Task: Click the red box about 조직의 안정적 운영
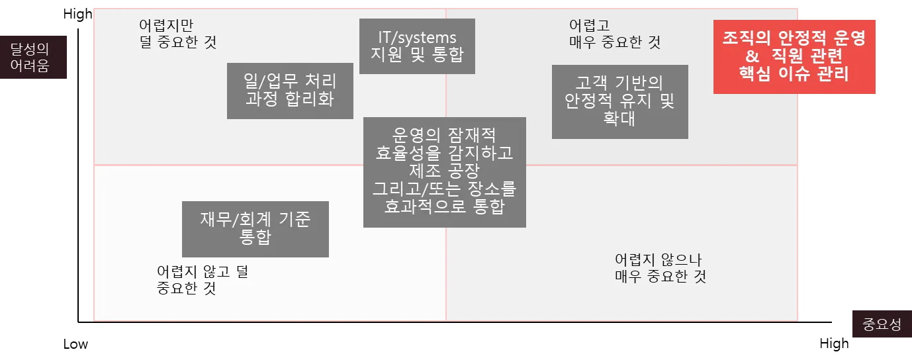tap(795, 56)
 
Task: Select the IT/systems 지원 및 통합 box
tap(417, 46)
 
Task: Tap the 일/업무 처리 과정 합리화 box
tap(290, 91)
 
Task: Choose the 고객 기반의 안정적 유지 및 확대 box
tap(619, 101)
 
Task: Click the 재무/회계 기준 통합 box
tap(255, 229)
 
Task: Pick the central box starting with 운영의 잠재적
tap(444, 171)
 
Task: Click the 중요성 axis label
tap(882, 324)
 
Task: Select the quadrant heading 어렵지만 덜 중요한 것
tap(177, 34)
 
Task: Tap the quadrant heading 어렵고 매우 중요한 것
tap(614, 34)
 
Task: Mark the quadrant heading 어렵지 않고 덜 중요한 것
tap(203, 281)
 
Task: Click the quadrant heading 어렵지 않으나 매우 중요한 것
tap(660, 267)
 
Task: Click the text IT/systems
tap(417, 37)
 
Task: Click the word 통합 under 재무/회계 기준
tap(255, 238)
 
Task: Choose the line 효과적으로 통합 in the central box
tap(444, 206)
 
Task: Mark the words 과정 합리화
tap(290, 100)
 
